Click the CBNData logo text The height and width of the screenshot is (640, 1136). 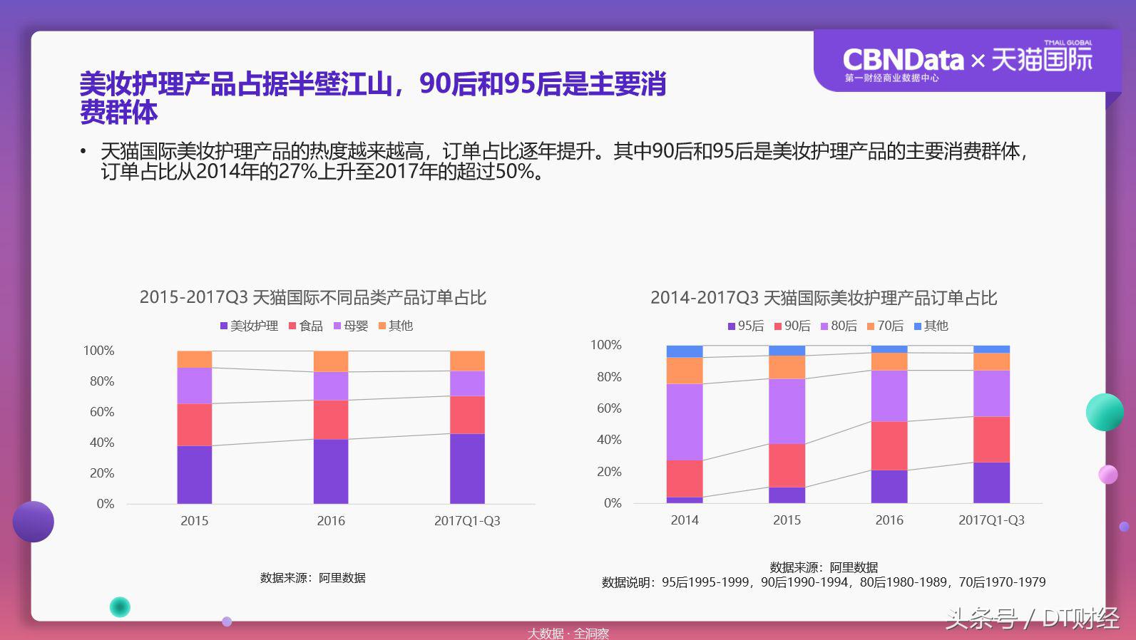pos(903,60)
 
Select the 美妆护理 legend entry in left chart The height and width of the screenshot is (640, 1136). pos(249,326)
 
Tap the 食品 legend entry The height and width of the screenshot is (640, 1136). pos(306,326)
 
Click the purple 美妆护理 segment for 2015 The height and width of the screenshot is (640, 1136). pos(195,475)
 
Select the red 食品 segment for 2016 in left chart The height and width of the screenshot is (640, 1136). pos(331,420)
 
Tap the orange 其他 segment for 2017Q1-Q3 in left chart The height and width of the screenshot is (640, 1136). pos(467,361)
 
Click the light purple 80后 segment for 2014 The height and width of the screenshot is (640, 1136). pos(685,422)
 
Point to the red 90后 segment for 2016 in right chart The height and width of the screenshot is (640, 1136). pos(889,445)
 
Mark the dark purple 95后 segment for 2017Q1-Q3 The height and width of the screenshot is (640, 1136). pos(991,482)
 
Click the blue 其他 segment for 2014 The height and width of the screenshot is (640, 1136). pos(685,351)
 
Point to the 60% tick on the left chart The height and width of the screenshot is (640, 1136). pos(102,412)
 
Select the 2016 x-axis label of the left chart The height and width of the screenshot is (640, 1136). pos(331,521)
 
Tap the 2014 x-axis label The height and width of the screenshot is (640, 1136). pos(685,520)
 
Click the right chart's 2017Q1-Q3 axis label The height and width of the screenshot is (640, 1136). pos(991,520)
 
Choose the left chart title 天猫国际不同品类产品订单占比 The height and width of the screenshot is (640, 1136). pos(313,297)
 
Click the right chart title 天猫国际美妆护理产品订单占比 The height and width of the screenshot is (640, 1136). pos(824,297)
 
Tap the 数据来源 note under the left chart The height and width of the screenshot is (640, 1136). pos(313,578)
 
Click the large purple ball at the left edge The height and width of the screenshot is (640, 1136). pos(34,522)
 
